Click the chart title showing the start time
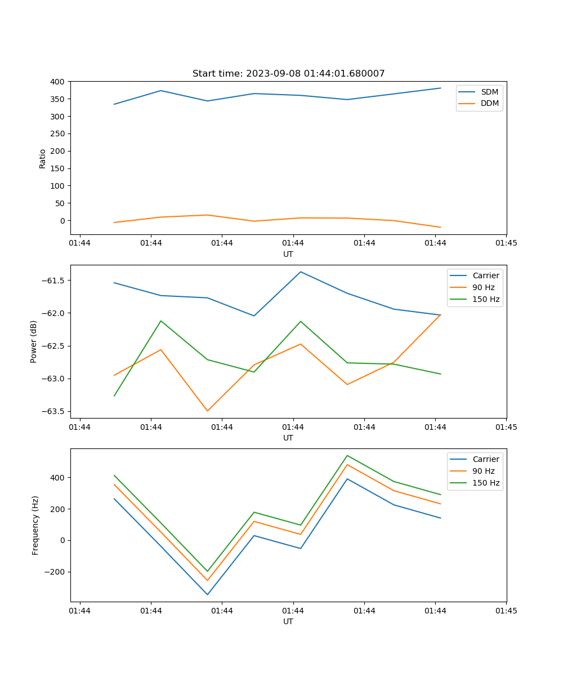pyautogui.click(x=288, y=74)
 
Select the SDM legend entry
pyautogui.click(x=489, y=92)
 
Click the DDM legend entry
pyautogui.click(x=489, y=103)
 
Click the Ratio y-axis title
pyautogui.click(x=43, y=158)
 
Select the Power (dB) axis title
pyautogui.click(x=34, y=341)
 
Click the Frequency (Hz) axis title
pyautogui.click(x=35, y=525)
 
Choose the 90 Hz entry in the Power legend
pyautogui.click(x=483, y=287)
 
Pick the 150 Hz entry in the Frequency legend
pyautogui.click(x=486, y=483)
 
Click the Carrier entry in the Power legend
pyautogui.click(x=485, y=275)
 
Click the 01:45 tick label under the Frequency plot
pyautogui.click(x=506, y=611)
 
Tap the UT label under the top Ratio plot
pyautogui.click(x=288, y=254)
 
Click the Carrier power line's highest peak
pyautogui.click(x=301, y=272)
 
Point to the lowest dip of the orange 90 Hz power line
pyautogui.click(x=207, y=411)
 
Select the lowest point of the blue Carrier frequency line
pyautogui.click(x=207, y=594)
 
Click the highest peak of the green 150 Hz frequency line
pyautogui.click(x=347, y=455)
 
